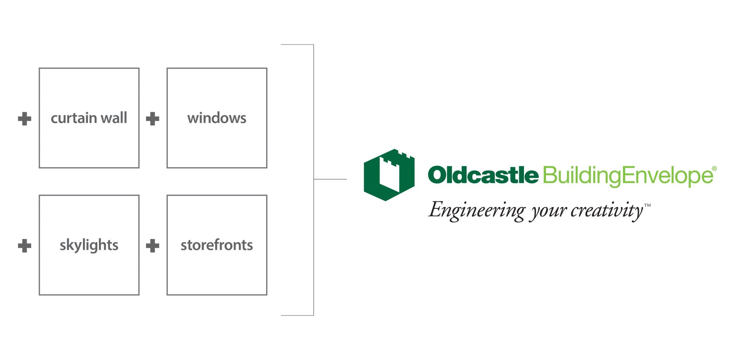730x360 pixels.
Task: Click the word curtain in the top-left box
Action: pos(73,118)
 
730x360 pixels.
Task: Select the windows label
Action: pos(217,118)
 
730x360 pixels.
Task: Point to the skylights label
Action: pos(89,245)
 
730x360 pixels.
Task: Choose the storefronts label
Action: pos(217,245)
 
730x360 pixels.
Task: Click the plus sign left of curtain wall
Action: pos(25,119)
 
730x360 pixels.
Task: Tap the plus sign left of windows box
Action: pos(152,119)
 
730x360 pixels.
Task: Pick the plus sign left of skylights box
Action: pos(25,246)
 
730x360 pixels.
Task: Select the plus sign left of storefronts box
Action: pos(152,246)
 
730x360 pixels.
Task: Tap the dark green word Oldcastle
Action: pos(483,175)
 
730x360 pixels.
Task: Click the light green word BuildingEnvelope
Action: pos(628,176)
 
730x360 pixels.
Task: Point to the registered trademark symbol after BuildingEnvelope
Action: pos(714,168)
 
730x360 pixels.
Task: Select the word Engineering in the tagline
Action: pos(477,211)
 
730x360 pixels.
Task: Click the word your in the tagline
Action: pos(549,212)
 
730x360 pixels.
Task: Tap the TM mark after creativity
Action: pos(647,205)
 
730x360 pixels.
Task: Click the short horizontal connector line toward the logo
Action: pos(330,179)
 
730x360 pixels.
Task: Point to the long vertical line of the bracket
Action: pos(314,180)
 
